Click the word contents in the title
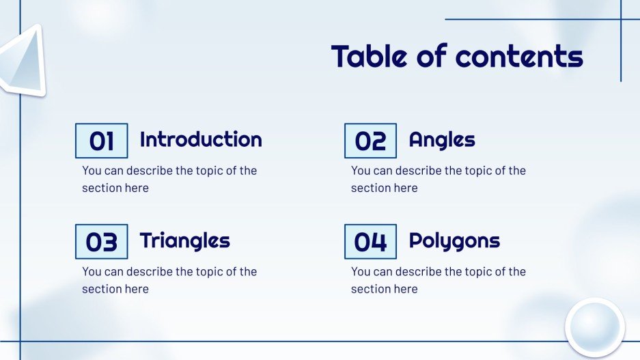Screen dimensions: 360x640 519,56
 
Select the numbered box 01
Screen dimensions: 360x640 101,141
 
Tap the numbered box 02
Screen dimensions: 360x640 370,141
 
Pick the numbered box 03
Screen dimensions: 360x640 101,242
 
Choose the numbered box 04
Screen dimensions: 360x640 370,242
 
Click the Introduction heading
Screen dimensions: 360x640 201,139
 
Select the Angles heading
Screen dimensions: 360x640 442,140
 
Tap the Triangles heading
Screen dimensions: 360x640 184,240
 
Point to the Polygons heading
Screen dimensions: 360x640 454,240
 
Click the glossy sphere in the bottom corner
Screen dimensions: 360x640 594,327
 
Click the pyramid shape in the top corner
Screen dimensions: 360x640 22,61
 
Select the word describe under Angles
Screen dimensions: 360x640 418,171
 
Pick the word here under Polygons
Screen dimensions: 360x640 405,289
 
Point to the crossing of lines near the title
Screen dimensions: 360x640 620,19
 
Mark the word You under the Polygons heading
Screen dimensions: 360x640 361,272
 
